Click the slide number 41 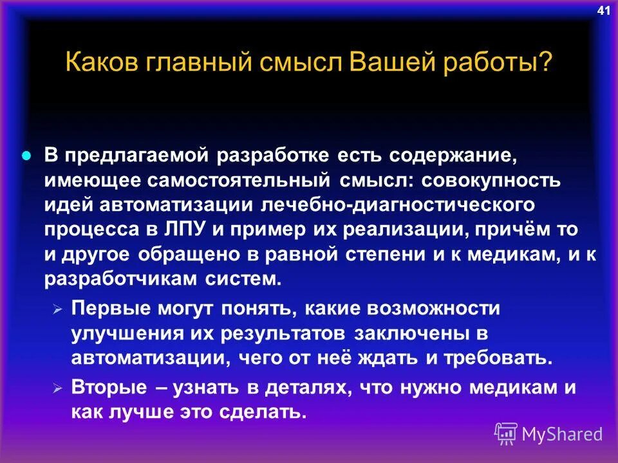603,10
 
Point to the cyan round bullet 26,156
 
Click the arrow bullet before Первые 57,310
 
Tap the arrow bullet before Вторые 57,390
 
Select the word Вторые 106,388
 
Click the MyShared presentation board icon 506,434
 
